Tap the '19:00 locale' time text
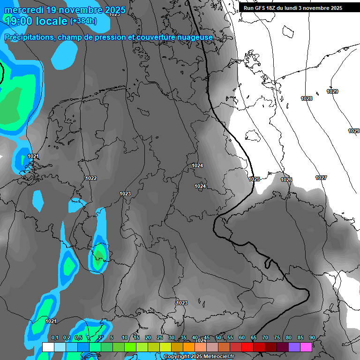(36, 21)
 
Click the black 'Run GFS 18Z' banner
(293, 8)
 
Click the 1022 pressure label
(91, 178)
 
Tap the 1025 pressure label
(254, 179)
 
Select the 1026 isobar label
(286, 180)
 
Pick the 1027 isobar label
(321, 178)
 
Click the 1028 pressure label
(307, 98)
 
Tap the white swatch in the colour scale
(48, 347)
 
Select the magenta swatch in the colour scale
(306, 347)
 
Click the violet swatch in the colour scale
(294, 347)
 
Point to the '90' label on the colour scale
(312, 338)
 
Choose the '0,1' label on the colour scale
(54, 338)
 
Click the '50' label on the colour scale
(218, 338)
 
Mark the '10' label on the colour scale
(124, 338)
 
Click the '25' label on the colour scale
(159, 338)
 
